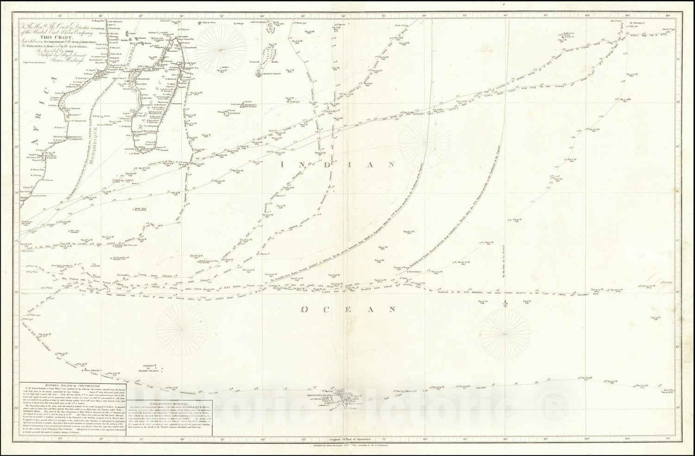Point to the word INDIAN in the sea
tap(338, 164)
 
